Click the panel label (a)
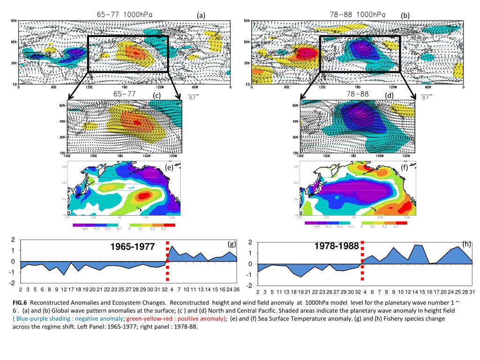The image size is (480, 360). (201, 15)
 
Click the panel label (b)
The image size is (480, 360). (405, 15)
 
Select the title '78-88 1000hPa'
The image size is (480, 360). (358, 15)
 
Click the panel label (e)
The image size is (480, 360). (170, 167)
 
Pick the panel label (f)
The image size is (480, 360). (405, 167)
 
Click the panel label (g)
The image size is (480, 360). (232, 244)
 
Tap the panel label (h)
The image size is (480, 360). (466, 244)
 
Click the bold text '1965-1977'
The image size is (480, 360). (132, 247)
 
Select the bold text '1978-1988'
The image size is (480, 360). (337, 246)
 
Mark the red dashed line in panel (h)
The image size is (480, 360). (362, 265)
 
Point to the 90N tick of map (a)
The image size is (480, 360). (14, 21)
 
